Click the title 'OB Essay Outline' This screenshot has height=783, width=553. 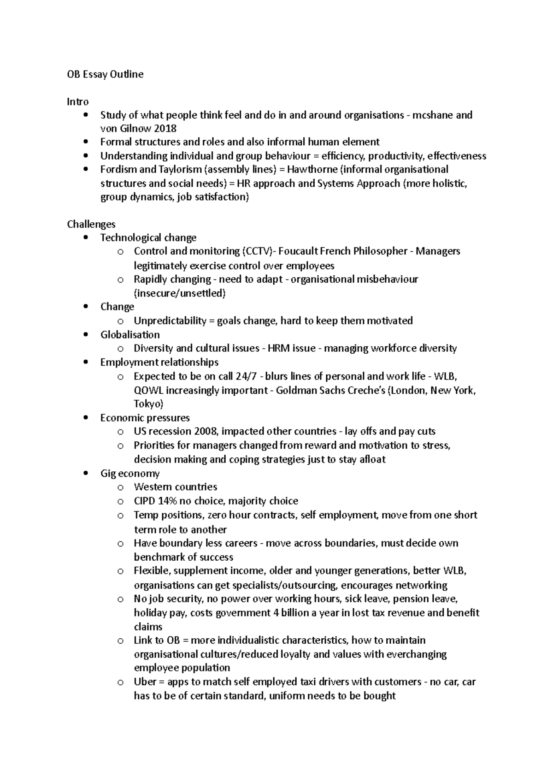[105, 74]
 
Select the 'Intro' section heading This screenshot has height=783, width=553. [77, 101]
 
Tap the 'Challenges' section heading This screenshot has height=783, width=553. [91, 224]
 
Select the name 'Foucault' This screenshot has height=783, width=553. [298, 251]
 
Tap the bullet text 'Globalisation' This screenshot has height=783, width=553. [130, 335]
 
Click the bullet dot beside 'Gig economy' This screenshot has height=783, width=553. [86, 474]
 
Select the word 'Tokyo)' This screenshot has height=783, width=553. [148, 404]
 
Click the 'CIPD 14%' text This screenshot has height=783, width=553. [155, 501]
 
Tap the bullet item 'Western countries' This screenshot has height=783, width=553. [175, 487]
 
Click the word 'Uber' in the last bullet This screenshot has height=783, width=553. [145, 682]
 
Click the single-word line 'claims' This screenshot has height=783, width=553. [148, 627]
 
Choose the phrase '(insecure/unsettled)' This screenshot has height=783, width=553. [179, 293]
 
